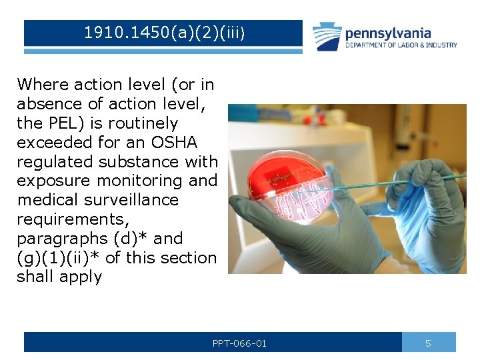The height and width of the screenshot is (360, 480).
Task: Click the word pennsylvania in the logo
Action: [388, 33]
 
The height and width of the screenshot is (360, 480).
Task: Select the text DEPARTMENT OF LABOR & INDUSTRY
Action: [401, 45]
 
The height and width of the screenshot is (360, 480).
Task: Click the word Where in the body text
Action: [42, 85]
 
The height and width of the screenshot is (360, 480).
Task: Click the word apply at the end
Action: [80, 277]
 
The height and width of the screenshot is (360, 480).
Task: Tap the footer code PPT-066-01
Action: [239, 343]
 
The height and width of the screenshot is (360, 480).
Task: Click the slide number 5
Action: [428, 343]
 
